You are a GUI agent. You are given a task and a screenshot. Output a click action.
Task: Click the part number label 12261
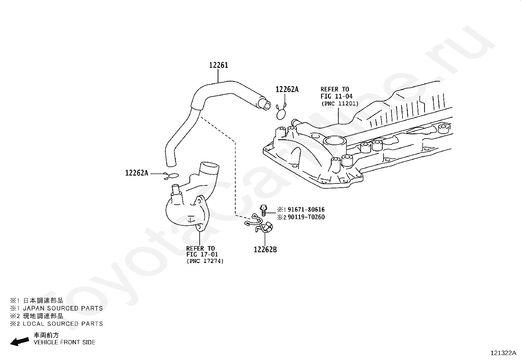tap(219, 65)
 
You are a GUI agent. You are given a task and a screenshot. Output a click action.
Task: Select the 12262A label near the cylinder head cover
tap(287, 89)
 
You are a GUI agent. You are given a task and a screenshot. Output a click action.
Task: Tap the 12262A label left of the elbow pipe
tap(136, 173)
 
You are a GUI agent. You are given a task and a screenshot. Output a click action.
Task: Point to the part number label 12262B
tap(265, 250)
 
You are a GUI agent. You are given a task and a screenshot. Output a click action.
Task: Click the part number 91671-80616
tap(306, 210)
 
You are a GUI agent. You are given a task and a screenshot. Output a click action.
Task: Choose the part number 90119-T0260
tap(306, 217)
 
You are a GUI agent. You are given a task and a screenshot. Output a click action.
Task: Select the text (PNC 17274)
tap(205, 261)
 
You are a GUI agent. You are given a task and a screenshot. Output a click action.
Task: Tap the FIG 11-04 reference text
tap(336, 96)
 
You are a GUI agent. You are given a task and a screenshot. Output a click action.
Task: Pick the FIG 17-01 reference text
tap(202, 255)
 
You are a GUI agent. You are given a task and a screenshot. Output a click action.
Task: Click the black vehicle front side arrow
tap(19, 341)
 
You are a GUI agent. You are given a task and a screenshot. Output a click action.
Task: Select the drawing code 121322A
tap(503, 353)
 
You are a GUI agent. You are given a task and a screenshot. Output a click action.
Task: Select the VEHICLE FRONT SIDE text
tap(64, 342)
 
